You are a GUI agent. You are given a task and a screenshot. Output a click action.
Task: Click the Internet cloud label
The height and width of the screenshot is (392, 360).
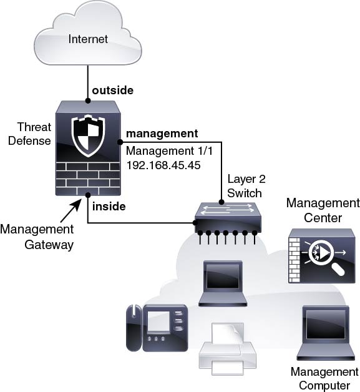88,39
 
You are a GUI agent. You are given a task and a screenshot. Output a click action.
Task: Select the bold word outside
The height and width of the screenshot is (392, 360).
113,91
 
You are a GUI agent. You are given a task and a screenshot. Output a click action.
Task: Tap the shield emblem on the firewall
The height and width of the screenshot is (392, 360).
88,135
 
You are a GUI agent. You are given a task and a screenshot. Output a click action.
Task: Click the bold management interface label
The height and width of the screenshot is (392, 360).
162,134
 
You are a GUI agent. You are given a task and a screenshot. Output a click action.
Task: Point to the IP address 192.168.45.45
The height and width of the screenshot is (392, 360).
163,165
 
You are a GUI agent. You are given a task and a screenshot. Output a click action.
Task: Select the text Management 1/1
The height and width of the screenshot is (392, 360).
169,151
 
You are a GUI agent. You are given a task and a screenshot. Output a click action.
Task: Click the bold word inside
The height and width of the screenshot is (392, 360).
109,207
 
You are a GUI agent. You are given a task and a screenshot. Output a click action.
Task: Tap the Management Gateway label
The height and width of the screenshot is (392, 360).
37,237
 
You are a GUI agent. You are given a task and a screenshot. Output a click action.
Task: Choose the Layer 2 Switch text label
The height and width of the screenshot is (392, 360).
246,186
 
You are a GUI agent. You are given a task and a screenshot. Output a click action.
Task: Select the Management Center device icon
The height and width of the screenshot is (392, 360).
322,256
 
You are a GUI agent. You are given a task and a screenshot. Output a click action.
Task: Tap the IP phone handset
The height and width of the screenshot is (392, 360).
134,328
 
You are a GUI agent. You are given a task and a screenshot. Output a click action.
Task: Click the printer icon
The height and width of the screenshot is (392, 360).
227,349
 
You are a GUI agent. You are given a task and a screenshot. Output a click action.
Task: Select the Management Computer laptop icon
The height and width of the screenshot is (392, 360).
326,333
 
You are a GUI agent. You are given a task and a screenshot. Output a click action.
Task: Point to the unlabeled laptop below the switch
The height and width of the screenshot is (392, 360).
223,283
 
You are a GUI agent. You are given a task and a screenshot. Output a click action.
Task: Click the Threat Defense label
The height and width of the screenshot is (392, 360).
30,134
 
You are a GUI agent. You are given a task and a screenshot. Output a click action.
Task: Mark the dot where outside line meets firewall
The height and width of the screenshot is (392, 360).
88,100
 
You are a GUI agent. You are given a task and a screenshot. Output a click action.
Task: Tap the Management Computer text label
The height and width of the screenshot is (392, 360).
324,378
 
